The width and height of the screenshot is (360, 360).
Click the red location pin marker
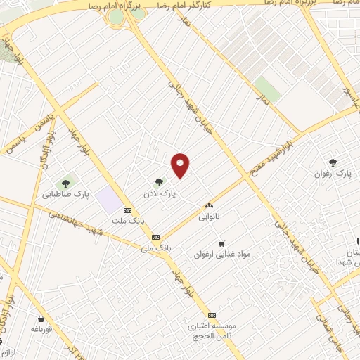(x=181, y=165)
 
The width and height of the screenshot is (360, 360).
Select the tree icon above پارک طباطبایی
(x=66, y=184)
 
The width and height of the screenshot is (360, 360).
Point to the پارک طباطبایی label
(x=61, y=195)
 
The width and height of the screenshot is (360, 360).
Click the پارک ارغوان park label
(x=333, y=172)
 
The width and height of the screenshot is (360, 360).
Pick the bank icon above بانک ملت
(x=127, y=210)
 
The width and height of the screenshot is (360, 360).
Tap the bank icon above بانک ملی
(x=155, y=238)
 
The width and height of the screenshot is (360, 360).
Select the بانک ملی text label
(x=155, y=247)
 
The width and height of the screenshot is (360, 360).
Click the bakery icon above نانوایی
(x=209, y=205)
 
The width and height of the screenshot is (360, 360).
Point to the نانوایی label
(x=209, y=216)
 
